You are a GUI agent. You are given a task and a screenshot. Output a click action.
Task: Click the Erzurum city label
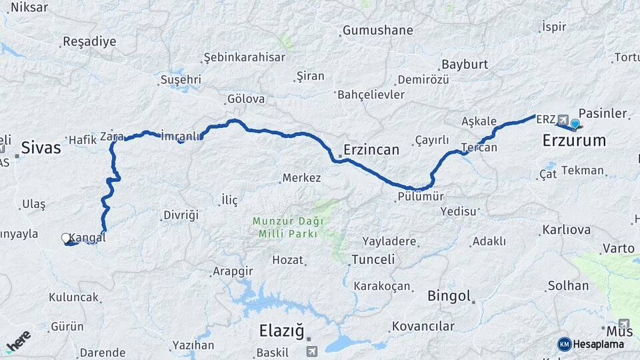coord(574,141)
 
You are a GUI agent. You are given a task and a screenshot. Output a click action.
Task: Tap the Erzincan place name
coord(371,149)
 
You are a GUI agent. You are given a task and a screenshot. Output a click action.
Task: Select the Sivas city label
coord(41,147)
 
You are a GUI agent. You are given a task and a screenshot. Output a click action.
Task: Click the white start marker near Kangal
coord(66,237)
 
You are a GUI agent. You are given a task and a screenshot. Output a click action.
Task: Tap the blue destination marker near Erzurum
coord(575,123)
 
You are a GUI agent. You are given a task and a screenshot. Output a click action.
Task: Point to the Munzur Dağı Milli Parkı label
coord(288,227)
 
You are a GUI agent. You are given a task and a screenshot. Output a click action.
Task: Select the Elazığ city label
coord(281,330)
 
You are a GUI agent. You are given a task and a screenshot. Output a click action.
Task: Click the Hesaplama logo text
coord(599,344)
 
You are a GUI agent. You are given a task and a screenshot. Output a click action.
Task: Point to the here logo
coord(18,341)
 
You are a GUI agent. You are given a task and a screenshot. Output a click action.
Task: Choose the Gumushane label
coord(377,31)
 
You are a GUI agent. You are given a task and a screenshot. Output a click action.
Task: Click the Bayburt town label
coord(464,65)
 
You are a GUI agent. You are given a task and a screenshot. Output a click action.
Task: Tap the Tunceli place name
coord(373,259)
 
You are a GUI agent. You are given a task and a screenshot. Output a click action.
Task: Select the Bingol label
coord(449,295)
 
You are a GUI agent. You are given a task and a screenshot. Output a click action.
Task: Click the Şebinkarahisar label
coord(244,57)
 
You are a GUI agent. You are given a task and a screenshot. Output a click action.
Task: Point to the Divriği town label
coord(180,215)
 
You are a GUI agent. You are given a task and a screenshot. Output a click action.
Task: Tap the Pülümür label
coord(420,197)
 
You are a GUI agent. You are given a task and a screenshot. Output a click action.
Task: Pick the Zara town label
coord(111,137)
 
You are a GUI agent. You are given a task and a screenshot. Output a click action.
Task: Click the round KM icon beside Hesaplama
coord(565,344)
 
